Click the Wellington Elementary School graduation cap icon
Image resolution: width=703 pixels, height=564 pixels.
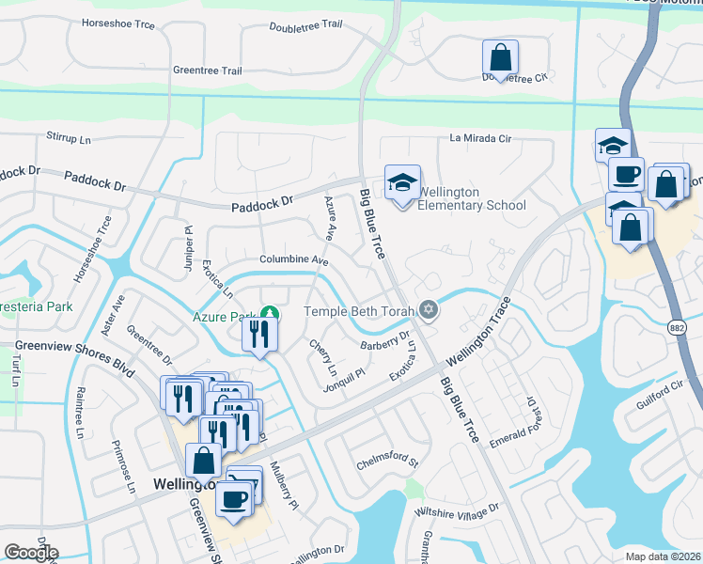402,183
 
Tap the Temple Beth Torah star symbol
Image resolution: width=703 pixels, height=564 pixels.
429,310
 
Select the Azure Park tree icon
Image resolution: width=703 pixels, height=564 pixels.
270,313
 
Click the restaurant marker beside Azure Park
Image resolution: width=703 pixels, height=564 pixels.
259,335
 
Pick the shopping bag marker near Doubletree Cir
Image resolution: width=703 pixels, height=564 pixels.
501,56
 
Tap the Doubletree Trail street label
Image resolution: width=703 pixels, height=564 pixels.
305,26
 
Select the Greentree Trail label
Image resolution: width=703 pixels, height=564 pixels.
208,70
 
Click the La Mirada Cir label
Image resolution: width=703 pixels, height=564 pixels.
480,138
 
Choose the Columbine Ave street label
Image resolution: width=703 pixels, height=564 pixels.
294,259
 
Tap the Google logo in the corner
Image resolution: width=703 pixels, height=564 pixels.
31,553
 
